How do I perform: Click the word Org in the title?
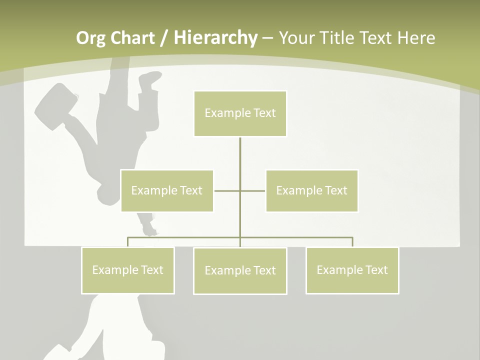90,38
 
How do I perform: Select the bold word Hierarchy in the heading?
215,38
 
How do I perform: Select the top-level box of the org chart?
240,113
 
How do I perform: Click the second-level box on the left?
167,190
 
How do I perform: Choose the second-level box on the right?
311,190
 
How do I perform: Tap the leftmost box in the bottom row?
128,270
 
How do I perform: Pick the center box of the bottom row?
240,270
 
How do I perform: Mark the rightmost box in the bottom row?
352,270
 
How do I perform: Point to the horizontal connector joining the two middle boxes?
227,190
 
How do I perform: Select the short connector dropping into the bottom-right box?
352,242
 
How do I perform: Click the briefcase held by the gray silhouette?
55,105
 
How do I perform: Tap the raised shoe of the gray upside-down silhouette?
150,79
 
